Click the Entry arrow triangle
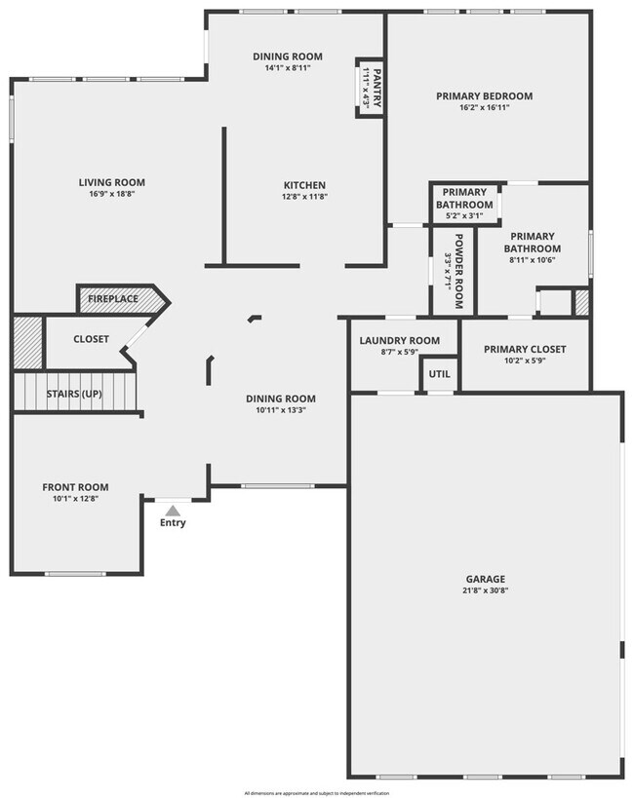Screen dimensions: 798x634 173,509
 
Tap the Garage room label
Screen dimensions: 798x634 485,579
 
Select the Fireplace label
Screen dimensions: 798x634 113,299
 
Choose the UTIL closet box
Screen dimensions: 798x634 439,373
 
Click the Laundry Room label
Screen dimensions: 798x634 399,340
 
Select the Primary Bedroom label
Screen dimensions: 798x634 485,95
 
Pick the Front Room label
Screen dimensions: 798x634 75,486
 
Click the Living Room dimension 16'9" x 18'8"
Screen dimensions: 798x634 112,194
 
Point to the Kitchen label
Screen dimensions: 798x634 304,185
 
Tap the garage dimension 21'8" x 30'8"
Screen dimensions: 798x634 486,590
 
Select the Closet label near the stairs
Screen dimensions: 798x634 91,339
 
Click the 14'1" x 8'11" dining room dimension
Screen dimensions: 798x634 287,68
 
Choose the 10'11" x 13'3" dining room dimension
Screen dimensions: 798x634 280,410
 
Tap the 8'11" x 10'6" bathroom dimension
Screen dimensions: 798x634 533,259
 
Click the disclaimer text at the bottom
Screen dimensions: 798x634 316,792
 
